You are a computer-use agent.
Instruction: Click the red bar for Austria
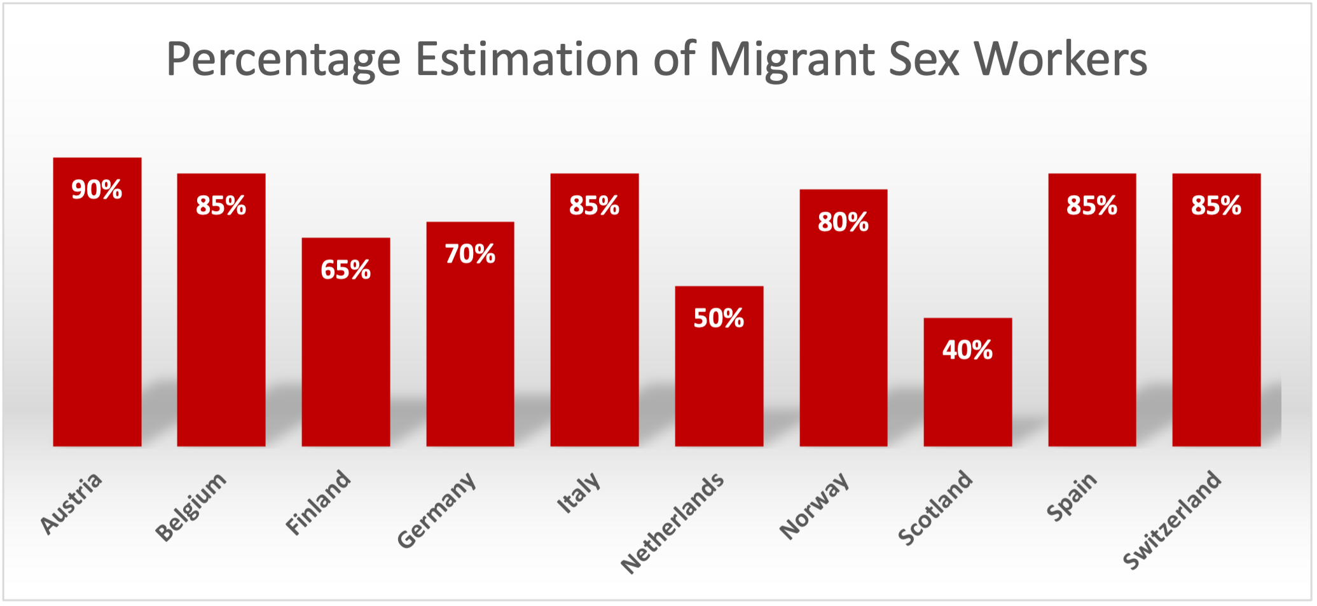pos(97,318)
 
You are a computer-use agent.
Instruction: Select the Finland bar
pos(345,356)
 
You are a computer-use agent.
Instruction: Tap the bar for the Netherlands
pos(719,382)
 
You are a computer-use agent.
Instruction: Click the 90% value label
pos(97,189)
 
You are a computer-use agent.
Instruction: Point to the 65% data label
pos(345,270)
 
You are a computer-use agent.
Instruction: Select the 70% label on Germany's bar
pos(470,254)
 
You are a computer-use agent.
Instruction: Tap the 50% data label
pos(719,318)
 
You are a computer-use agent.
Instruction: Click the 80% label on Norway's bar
pos(843,222)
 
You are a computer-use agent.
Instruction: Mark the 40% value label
pos(967,350)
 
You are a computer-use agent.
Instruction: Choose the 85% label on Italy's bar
pos(594,205)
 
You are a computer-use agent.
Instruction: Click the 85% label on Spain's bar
pos(1092,205)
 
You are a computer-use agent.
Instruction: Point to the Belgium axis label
pos(191,507)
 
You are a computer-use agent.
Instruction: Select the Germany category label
pos(436,510)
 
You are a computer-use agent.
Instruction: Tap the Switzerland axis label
pos(1172,520)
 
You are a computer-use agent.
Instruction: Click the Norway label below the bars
pos(814,506)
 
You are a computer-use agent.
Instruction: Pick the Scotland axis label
pos(935,507)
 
